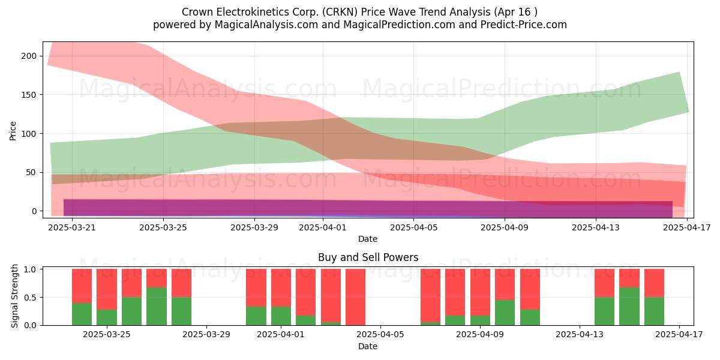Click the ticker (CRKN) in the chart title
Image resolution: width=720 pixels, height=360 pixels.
point(340,12)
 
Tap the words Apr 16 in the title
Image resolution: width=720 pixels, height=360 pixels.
point(514,12)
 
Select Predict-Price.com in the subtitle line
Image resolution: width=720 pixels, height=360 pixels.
point(524,25)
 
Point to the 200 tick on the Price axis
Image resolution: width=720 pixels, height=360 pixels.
point(29,56)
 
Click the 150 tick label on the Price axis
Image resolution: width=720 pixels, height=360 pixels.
point(29,95)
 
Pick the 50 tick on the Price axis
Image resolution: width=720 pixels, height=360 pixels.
point(32,173)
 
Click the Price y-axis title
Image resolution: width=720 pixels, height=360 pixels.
point(13,131)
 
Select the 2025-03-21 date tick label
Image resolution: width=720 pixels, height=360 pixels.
point(72,227)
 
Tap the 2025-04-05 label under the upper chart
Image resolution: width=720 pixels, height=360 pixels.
point(413,227)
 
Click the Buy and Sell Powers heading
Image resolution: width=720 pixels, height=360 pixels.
point(368,257)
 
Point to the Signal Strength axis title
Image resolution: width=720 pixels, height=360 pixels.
point(14,296)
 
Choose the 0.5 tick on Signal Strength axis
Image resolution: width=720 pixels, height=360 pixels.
point(31,298)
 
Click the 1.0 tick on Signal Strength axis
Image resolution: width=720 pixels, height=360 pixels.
point(31,269)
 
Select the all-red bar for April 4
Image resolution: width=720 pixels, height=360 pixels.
point(355,297)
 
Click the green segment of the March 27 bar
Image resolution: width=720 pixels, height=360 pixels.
point(157,307)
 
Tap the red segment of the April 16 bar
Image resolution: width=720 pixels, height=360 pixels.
point(654,283)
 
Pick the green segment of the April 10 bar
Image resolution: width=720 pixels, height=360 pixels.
point(505,313)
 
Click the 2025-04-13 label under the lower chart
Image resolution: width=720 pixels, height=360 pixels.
point(580,335)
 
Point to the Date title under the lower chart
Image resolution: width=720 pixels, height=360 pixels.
point(368,347)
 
